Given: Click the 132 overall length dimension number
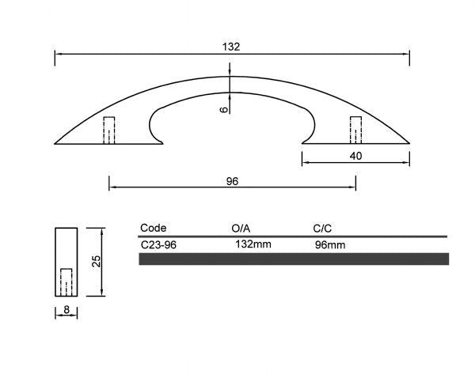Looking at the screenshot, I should click(x=231, y=47).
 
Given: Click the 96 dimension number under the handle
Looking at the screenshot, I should click(x=232, y=181).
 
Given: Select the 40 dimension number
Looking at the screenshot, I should click(x=355, y=157).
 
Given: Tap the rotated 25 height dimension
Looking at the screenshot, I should click(x=96, y=262).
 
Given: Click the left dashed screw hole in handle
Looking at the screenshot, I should click(x=109, y=130).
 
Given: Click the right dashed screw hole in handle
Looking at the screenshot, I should click(x=356, y=130).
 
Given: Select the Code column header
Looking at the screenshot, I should click(x=153, y=228).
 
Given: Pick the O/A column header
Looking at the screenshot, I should click(x=241, y=228).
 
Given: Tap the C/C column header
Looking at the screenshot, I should click(x=324, y=228).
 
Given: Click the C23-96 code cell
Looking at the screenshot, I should click(x=158, y=245).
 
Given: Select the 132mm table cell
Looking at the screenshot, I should click(x=253, y=244).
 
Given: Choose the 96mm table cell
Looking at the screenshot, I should click(x=330, y=245).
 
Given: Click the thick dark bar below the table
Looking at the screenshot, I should click(x=294, y=259).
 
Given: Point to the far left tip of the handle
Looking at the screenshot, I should click(x=55, y=143).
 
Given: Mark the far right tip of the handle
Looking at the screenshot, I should click(x=408, y=143).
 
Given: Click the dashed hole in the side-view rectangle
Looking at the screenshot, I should click(x=66, y=282).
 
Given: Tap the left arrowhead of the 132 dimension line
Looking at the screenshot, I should click(x=58, y=54).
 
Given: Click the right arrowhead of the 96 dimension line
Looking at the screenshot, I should click(x=353, y=187).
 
